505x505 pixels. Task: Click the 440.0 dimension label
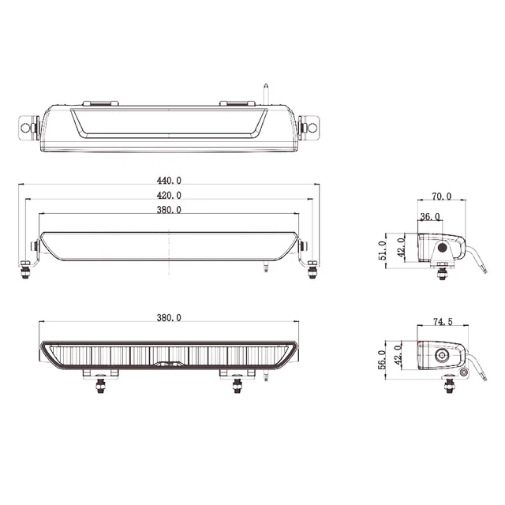click(169, 181)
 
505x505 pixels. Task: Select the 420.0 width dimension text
click(169, 195)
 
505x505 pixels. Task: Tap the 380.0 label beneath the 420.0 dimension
click(169, 209)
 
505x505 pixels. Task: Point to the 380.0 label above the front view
click(169, 318)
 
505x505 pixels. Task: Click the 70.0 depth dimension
click(441, 196)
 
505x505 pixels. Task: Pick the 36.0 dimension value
click(430, 217)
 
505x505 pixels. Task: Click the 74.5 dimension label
click(443, 323)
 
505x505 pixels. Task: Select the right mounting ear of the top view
click(312, 125)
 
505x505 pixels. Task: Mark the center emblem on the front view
click(168, 365)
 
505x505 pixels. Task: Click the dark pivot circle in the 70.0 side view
click(443, 248)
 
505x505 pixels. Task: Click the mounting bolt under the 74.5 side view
click(450, 384)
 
